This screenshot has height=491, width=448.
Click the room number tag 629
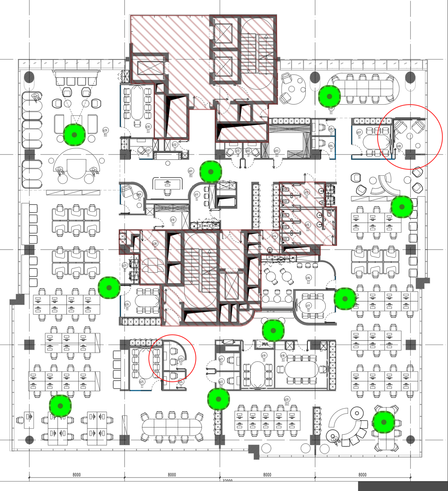pos(105,131)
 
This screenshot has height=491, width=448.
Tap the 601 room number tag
pos(190,171)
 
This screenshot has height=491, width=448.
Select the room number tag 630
pos(148,126)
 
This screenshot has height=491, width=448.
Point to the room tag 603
pos(276,151)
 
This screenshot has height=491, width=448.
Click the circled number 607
pos(359,132)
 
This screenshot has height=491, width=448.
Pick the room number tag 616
pos(308,278)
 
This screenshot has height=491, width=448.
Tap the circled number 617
pos(308,306)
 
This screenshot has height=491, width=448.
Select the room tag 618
pos(283,356)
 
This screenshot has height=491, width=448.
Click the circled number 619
pos(264,356)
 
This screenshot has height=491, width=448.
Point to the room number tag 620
pos(286,399)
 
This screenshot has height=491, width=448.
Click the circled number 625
pos(142,382)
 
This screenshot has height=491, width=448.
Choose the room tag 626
pos(127,304)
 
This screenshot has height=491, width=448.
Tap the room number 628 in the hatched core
pos(155,244)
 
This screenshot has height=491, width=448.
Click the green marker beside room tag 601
pos(211,171)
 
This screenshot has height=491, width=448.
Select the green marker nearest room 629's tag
pos(74,135)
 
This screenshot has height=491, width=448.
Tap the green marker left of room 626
pos(109,288)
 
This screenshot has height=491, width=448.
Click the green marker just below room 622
pos(219,399)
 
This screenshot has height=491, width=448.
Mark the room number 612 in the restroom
pos(307,192)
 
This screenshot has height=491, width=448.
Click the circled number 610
pos(173,220)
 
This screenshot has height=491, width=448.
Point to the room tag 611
pos(197,195)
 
